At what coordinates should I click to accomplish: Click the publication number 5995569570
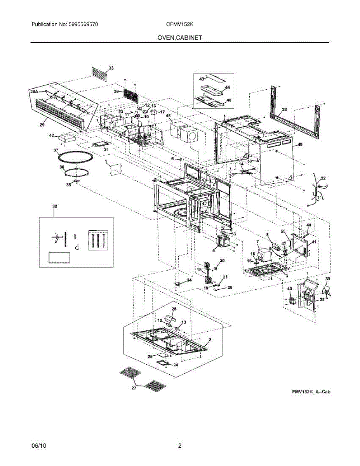point(82,24)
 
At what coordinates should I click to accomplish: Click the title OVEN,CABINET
point(180,38)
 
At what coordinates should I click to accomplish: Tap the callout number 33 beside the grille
point(111,68)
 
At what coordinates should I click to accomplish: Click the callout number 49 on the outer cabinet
point(299,145)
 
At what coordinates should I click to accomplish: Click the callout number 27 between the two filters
point(134,388)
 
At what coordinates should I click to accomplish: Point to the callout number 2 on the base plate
point(209,339)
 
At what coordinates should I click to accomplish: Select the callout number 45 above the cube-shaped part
point(168,115)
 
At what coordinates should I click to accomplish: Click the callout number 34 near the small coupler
point(189,280)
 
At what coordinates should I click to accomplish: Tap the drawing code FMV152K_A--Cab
point(311,393)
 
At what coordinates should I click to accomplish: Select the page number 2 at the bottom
point(180,446)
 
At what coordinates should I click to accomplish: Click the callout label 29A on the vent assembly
point(34,92)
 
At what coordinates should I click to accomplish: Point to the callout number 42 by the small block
point(51,135)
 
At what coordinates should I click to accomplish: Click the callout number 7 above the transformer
point(257,242)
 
